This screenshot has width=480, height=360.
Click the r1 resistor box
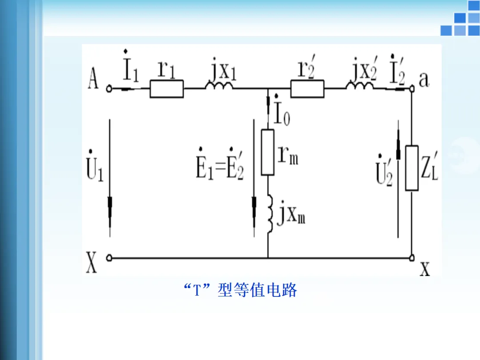click(166, 89)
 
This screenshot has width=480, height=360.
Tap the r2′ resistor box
click(307, 89)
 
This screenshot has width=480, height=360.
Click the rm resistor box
click(268, 152)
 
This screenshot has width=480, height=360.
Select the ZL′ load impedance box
click(412, 168)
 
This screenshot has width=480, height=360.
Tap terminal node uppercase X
click(109, 257)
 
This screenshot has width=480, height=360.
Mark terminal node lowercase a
click(412, 89)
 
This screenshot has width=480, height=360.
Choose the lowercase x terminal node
click(412, 257)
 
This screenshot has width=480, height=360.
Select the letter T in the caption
click(198, 291)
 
